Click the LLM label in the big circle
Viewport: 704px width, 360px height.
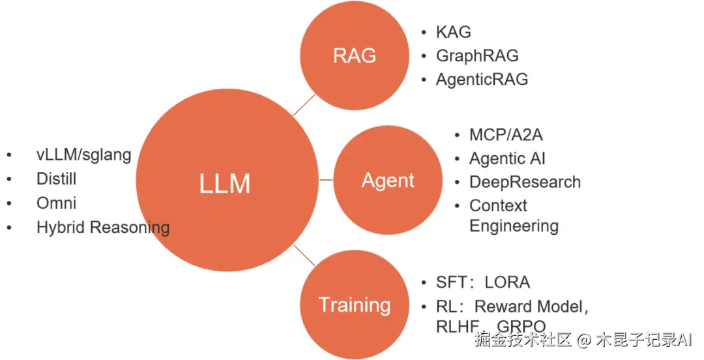224,183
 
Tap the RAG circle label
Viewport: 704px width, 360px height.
355,55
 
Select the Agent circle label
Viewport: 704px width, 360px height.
388,180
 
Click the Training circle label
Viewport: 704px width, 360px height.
355,305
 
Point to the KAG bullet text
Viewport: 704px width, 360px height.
454,32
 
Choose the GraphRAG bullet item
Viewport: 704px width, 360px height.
477,55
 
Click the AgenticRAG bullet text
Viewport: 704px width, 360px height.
482,80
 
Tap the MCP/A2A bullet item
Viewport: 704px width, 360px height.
506,135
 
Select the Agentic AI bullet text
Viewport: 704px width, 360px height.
507,158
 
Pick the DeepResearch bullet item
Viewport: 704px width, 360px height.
525,182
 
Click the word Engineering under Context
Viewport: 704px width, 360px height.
514,226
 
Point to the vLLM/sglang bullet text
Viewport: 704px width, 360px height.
84,155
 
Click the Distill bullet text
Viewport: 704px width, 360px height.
57,179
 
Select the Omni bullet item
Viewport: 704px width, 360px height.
56,203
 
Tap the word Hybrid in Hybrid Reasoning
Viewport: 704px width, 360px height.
61,227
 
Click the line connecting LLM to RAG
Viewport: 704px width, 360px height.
304,106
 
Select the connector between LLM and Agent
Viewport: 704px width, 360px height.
326,179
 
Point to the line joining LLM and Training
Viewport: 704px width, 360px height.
304,255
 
